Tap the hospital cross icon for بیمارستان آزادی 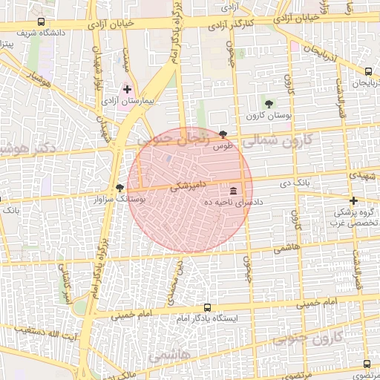click(127, 89)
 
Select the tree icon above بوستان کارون click(269, 104)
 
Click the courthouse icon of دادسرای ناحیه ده click(234, 190)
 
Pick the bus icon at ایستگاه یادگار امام click(207, 307)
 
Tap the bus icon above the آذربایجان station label click(368, 71)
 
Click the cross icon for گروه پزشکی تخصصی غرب click(353, 200)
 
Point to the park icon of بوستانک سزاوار click(119, 188)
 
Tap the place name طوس click(223, 147)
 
